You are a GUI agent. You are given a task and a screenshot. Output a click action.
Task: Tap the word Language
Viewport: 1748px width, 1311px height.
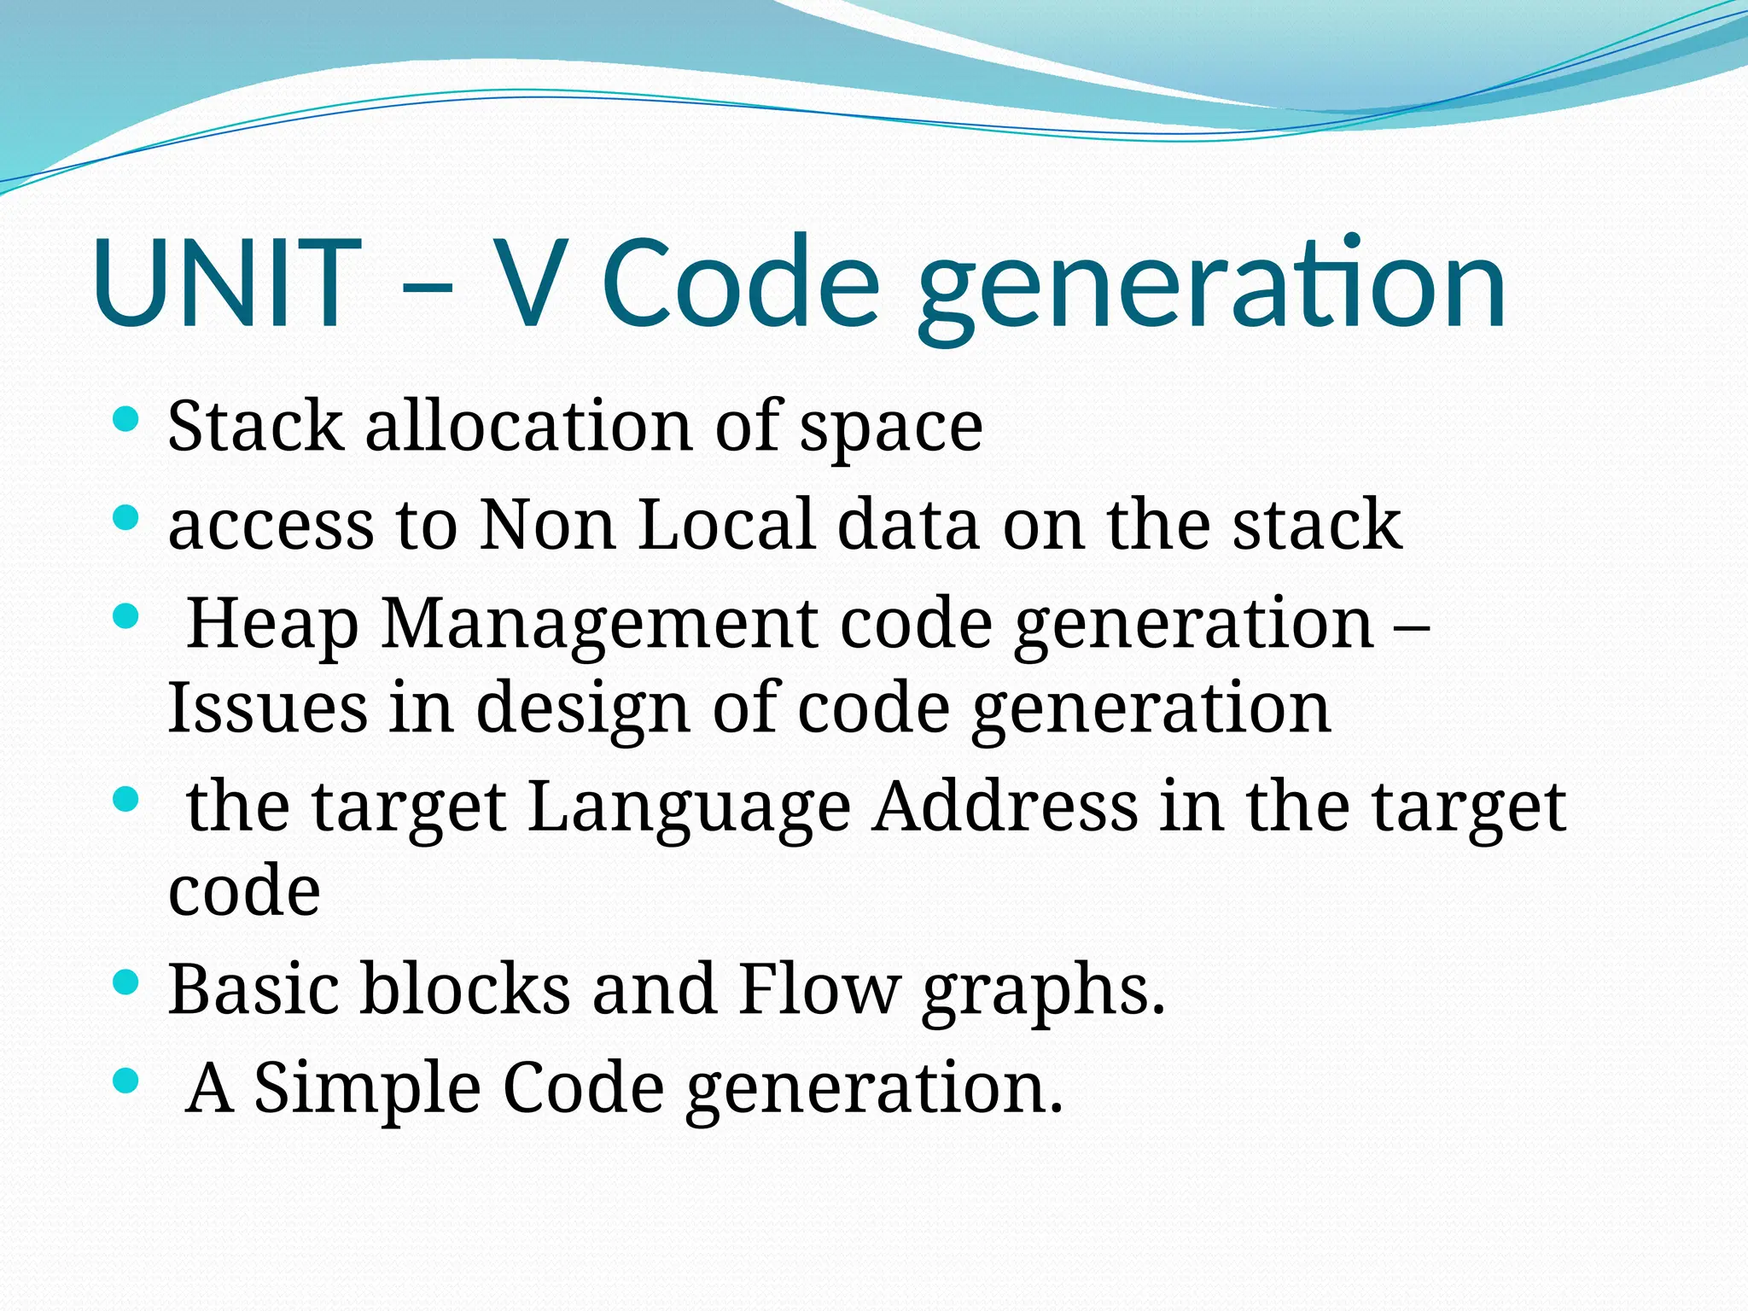tap(690, 807)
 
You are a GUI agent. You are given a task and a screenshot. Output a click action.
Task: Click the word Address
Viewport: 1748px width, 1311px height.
tap(1005, 806)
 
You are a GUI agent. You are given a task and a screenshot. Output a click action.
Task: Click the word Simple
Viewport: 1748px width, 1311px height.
tap(368, 1088)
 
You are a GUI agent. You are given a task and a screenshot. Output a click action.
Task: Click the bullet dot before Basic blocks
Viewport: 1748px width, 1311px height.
tap(125, 982)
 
